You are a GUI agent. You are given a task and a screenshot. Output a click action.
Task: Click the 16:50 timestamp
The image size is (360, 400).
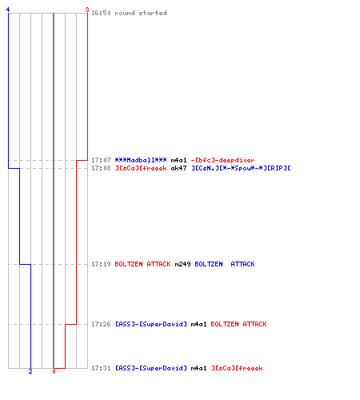coord(101,13)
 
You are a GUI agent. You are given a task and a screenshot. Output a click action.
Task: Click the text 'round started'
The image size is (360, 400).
coord(141,13)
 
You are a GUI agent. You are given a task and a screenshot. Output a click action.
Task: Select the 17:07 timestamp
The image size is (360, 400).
coord(101,160)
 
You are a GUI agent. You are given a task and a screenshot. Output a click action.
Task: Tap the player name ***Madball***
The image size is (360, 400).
coord(141,160)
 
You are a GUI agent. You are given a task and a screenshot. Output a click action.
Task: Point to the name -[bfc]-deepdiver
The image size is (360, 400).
coord(222,160)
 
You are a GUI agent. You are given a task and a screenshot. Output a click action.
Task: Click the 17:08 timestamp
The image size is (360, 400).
coord(101,168)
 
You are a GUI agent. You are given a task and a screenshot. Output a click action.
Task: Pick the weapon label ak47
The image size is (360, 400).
coord(178,168)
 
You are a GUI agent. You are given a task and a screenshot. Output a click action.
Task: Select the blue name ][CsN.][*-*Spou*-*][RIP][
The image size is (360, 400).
coord(241,168)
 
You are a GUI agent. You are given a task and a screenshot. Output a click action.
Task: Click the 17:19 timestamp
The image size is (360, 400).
coord(101,264)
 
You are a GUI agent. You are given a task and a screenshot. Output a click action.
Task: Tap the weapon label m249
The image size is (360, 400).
coord(182,264)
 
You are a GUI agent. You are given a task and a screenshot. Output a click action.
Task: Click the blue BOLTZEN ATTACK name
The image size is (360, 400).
coord(225,264)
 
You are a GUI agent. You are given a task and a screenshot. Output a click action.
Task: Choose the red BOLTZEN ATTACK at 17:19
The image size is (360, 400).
coord(142,264)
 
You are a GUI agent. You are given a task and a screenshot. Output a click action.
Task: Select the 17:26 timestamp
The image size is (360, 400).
coord(101,324)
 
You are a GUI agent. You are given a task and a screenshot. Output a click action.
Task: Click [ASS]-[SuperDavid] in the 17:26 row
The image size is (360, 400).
coord(150,324)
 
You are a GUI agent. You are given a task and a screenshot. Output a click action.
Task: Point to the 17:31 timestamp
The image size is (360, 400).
coord(101,368)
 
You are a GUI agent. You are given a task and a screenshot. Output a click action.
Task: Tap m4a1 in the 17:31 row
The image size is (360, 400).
coord(198,368)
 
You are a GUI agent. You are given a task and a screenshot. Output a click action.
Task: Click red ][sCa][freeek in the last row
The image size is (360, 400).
coord(237,368)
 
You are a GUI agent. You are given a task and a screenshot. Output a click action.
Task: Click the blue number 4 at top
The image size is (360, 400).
coord(8,10)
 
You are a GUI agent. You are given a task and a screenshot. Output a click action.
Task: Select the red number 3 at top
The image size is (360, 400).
coord(87,10)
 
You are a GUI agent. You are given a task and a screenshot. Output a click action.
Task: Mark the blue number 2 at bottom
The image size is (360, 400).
coord(30,371)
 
